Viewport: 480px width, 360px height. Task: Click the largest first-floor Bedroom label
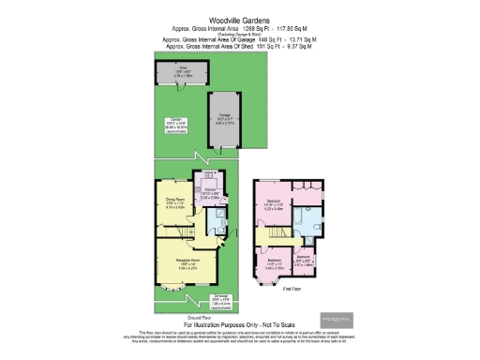(276, 205)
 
